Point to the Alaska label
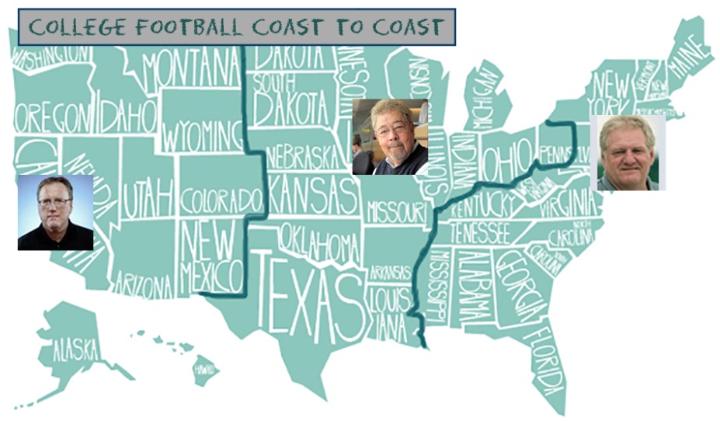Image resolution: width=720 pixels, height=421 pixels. [x=75, y=350]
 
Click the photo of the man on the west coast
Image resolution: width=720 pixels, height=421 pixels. [x=55, y=212]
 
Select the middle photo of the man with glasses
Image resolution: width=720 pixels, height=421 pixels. [x=390, y=137]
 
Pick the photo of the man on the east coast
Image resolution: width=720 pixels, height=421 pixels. [x=628, y=152]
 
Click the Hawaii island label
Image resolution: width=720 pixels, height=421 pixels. [x=204, y=368]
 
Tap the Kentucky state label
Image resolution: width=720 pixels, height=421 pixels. [x=484, y=206]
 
